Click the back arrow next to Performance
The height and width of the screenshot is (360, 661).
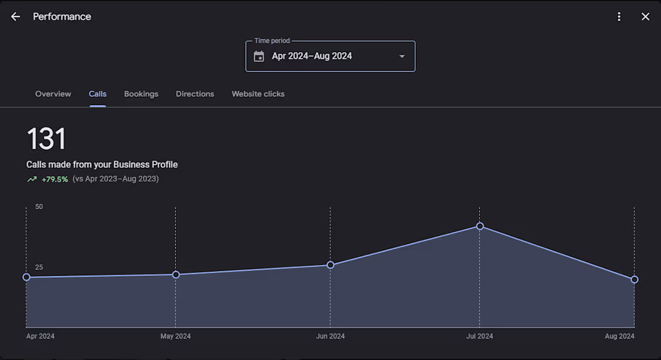(x=16, y=17)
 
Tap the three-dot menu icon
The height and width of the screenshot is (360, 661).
(x=619, y=17)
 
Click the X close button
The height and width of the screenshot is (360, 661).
(x=645, y=17)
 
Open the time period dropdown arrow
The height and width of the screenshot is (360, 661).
(x=402, y=56)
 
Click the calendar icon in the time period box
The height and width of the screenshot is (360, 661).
(x=259, y=56)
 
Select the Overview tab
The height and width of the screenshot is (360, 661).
(x=53, y=94)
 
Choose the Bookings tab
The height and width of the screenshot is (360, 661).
(x=141, y=94)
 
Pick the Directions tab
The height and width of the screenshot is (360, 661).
(x=195, y=94)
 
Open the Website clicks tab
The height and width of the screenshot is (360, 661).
(x=258, y=94)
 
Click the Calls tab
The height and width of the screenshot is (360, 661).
(x=97, y=94)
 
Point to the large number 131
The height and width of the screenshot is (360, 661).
(x=46, y=139)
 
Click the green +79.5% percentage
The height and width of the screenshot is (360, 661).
(x=55, y=179)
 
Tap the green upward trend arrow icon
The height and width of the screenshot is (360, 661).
(x=32, y=179)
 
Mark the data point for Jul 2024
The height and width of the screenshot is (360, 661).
(x=480, y=226)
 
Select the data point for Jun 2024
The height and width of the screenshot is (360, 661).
(x=330, y=265)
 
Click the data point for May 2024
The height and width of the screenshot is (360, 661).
(x=176, y=275)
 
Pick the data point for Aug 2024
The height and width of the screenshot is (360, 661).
(x=635, y=279)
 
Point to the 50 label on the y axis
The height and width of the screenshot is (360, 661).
(x=39, y=207)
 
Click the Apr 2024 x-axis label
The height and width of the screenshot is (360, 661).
(x=40, y=336)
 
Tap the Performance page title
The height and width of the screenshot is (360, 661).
(x=62, y=17)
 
